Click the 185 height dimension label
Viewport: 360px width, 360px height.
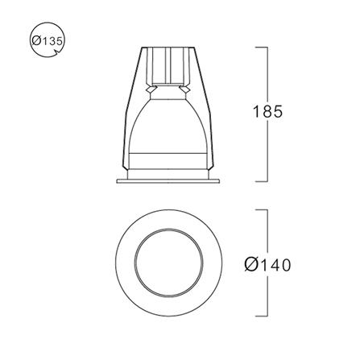pos(267,111)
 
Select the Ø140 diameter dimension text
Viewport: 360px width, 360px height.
pos(267,265)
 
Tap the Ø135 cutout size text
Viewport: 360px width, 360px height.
pos(48,41)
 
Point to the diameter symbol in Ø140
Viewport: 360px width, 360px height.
pos(250,265)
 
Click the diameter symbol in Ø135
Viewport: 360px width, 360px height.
pos(35,41)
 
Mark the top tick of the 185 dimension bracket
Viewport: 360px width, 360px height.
pos(261,48)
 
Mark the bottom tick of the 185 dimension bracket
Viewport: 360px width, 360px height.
pos(261,181)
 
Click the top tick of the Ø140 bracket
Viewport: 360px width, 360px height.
pos(261,209)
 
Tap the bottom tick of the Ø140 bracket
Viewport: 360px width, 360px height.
pos(261,317)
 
